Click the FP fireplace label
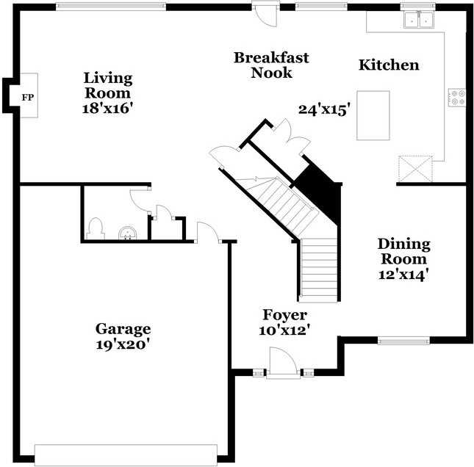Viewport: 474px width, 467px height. (x=27, y=97)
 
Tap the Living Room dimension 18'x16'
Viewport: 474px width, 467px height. (x=107, y=107)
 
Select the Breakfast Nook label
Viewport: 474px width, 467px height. (x=271, y=65)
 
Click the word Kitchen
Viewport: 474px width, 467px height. (x=389, y=65)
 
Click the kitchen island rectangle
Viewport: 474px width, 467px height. (x=373, y=115)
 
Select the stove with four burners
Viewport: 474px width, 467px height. (x=456, y=97)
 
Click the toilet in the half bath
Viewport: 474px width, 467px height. (x=96, y=228)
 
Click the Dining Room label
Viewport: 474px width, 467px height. (x=403, y=251)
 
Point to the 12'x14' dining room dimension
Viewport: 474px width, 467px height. (x=403, y=275)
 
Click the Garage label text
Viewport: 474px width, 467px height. (x=123, y=328)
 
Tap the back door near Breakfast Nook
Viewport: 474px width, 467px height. (x=262, y=10)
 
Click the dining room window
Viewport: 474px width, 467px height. (x=403, y=340)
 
